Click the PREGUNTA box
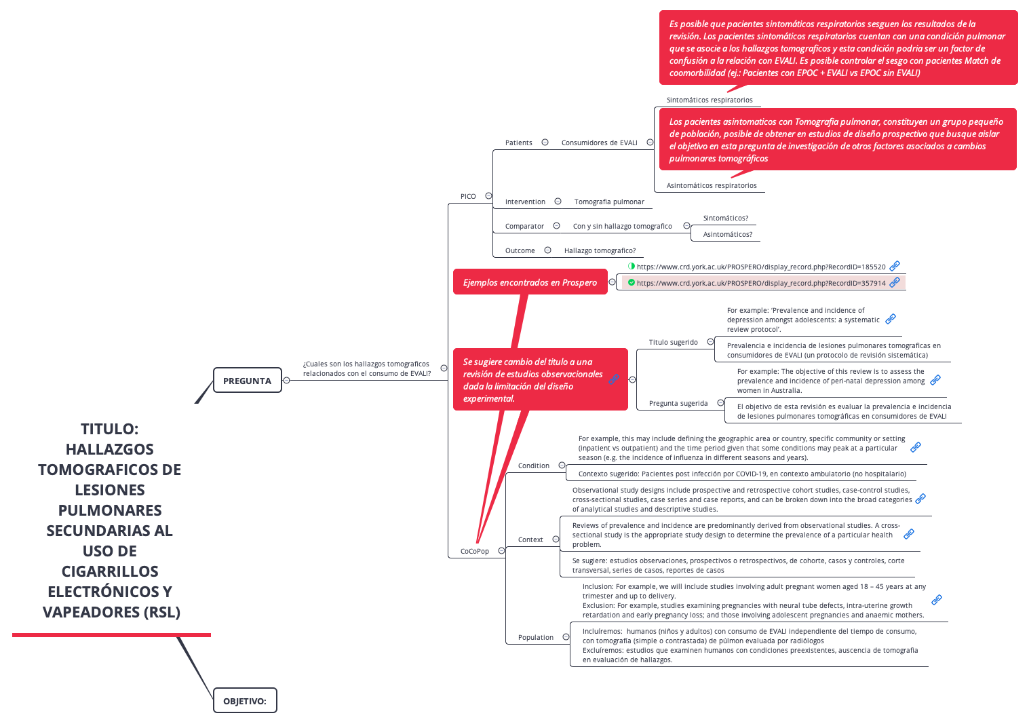pos(247,381)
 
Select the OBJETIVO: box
pos(245,701)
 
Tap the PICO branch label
pos(468,196)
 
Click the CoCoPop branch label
pos(474,551)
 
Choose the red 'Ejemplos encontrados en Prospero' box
pos(530,282)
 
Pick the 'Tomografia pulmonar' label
pos(609,202)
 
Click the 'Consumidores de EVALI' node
pos(599,142)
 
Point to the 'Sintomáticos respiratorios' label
pos(710,100)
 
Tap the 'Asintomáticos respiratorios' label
pos(712,185)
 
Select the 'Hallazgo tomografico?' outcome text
pos(600,250)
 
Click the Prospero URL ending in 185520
pos(761,267)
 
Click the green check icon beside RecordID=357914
pos(632,282)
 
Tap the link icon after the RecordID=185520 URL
pos(895,266)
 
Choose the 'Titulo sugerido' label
pos(673,342)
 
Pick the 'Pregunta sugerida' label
pos(678,403)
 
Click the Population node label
pos(536,637)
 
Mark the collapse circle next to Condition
pos(562,465)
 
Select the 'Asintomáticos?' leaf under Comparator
pos(728,234)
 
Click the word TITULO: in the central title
pos(109,429)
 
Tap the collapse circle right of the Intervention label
pos(558,202)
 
